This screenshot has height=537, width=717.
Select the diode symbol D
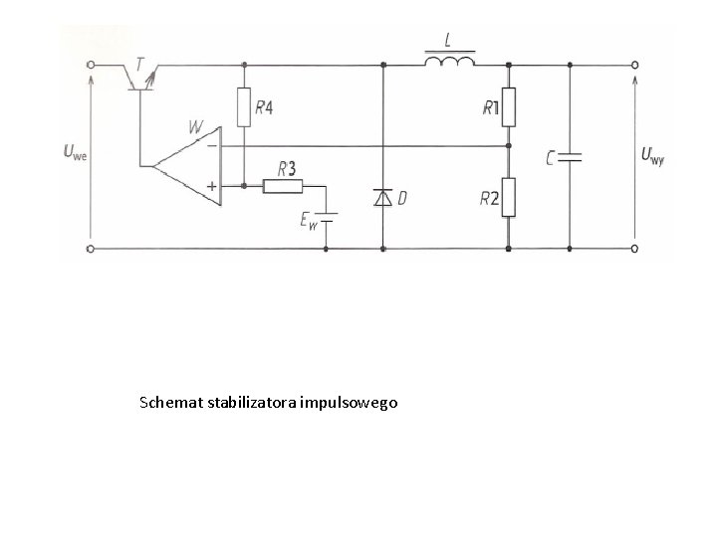point(383,199)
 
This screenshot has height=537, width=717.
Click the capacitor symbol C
point(570,156)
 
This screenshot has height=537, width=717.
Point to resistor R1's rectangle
point(509,107)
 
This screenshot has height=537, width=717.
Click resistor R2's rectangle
point(509,198)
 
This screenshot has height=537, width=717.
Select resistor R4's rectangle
point(243,108)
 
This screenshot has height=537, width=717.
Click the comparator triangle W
point(187,165)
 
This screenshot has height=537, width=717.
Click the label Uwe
point(75,153)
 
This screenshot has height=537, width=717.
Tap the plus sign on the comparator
point(211,186)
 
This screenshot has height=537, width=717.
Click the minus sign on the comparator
point(211,145)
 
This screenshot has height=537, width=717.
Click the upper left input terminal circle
point(92,65)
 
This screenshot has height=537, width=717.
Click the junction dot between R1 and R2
point(509,145)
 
